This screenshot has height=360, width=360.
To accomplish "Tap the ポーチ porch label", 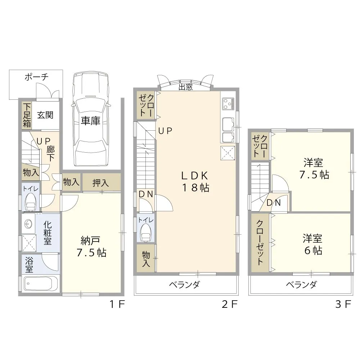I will [x=36, y=77].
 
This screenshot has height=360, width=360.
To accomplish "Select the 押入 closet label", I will [x=101, y=183].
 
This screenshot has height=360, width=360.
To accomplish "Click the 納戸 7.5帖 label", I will [x=91, y=247].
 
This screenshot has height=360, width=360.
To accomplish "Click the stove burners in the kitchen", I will [x=228, y=104].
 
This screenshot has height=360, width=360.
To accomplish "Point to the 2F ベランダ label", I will [x=184, y=285].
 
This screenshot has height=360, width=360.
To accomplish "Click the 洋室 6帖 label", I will [x=312, y=244].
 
